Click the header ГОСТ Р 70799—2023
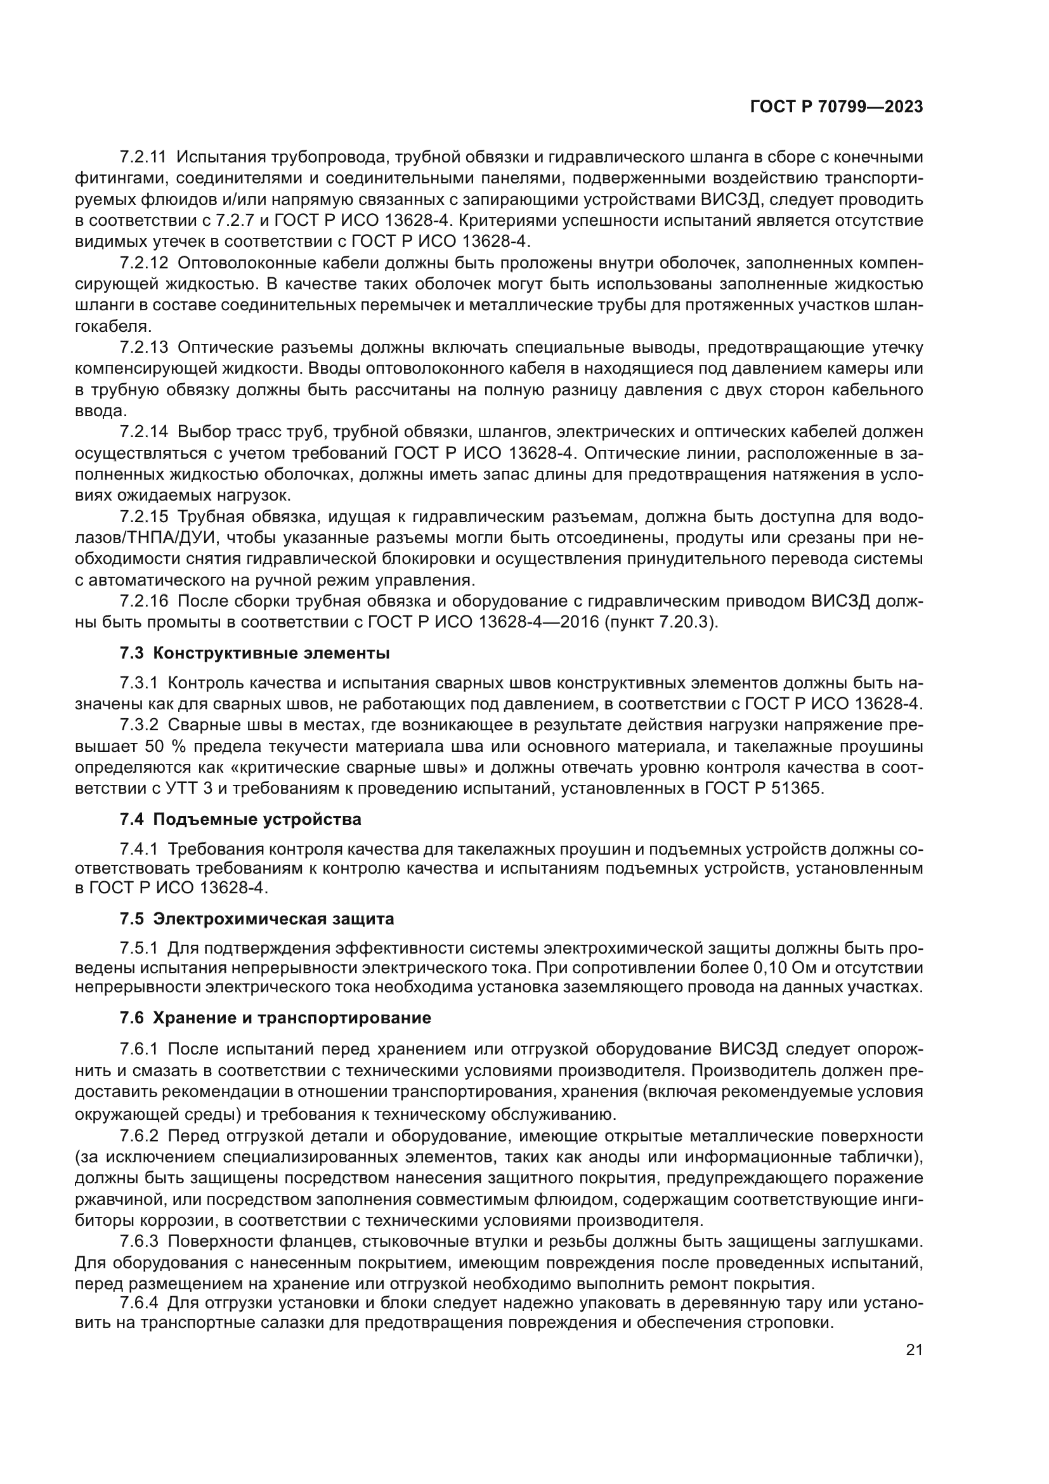(x=836, y=107)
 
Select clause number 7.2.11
(x=143, y=157)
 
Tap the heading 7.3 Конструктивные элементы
(x=254, y=653)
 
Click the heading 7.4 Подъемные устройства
(x=240, y=820)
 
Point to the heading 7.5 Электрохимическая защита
(x=256, y=919)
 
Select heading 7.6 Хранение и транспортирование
(x=275, y=1018)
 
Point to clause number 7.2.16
(x=143, y=601)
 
